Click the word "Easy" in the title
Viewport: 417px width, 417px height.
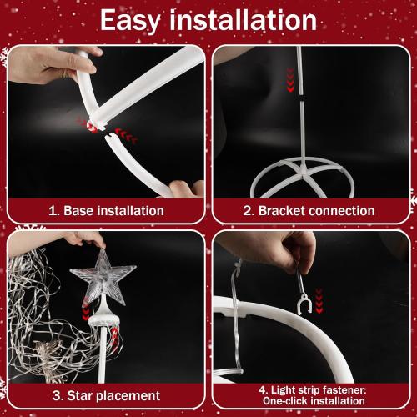click(x=130, y=21)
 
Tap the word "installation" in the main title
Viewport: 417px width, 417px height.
click(x=244, y=19)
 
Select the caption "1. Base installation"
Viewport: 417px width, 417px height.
click(x=106, y=210)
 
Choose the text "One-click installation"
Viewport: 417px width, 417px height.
click(x=314, y=401)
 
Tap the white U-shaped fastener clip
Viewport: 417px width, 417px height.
click(x=304, y=304)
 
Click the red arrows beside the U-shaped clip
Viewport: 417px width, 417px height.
click(x=319, y=301)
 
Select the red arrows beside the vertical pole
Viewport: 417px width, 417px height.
click(x=290, y=80)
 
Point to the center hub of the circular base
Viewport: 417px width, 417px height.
click(x=304, y=170)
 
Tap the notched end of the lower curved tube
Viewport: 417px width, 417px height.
click(x=110, y=138)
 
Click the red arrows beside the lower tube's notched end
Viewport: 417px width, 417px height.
click(x=127, y=134)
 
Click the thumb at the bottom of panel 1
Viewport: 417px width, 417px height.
click(x=184, y=189)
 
